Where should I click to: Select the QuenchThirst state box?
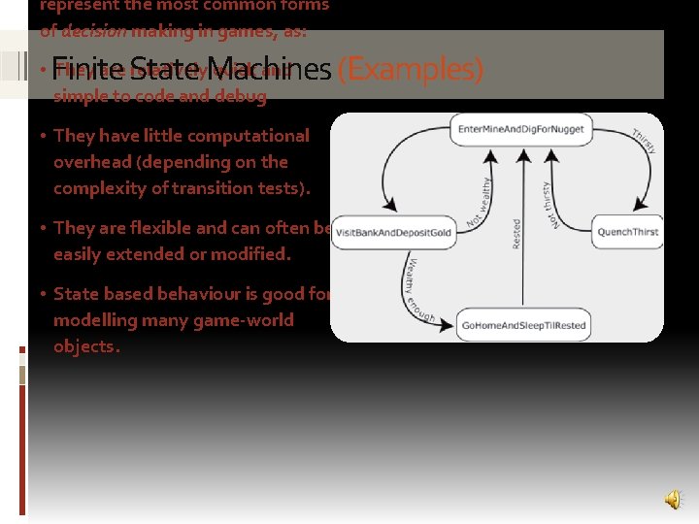click(627, 232)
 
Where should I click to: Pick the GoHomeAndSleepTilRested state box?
click(523, 325)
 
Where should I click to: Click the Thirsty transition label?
click(644, 142)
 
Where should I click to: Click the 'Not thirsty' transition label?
click(549, 205)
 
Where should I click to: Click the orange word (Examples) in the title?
click(410, 69)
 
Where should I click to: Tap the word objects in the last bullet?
click(85, 347)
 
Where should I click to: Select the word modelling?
click(93, 320)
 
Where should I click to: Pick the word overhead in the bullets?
click(90, 162)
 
